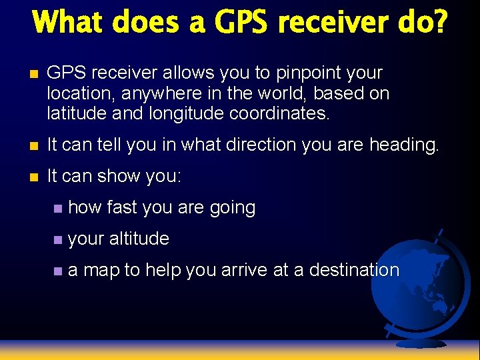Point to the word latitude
(75, 113)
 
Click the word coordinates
(279, 113)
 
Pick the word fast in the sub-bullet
(121, 207)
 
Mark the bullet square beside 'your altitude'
(59, 239)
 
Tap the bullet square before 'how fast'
(59, 208)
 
